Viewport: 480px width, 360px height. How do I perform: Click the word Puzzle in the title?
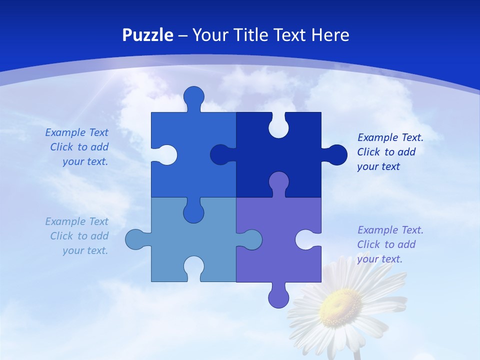click(148, 35)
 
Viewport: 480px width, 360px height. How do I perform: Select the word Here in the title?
click(330, 35)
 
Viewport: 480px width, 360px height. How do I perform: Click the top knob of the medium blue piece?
click(193, 96)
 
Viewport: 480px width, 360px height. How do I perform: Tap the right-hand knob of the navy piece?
click(336, 155)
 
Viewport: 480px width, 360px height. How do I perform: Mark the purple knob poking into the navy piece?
click(278, 182)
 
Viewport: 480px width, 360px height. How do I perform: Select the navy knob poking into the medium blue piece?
click(220, 154)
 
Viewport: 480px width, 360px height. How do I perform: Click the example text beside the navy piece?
click(390, 152)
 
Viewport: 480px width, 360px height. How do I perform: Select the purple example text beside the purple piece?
click(390, 244)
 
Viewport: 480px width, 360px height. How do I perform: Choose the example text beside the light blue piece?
click(77, 236)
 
